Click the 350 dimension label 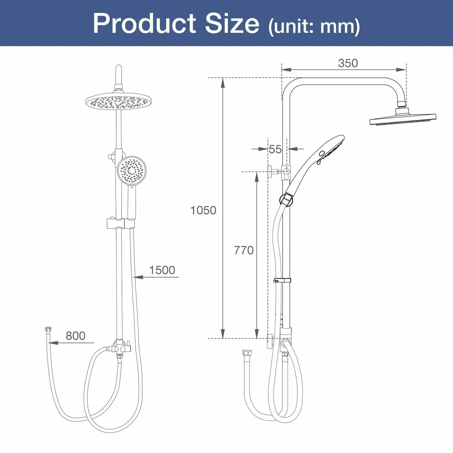click(348, 63)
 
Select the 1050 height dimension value click(203, 210)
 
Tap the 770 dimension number click(243, 250)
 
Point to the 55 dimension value click(275, 149)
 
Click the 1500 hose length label click(162, 270)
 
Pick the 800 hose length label click(75, 336)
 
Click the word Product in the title click(145, 23)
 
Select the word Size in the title click(232, 23)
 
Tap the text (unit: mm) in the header click(314, 26)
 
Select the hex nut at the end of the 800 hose click(48, 331)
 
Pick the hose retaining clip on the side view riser click(282, 280)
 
